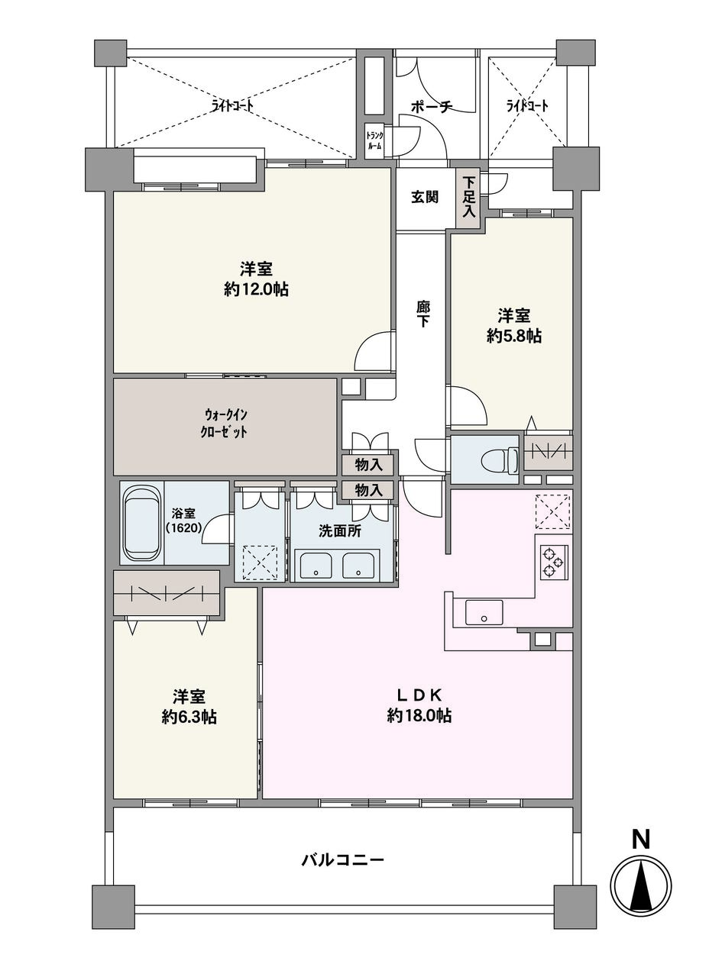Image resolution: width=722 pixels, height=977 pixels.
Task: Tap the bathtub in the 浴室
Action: [x=141, y=524]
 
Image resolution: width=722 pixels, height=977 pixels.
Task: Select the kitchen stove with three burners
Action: [x=553, y=564]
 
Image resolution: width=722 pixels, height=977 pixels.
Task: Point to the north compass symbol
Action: [x=642, y=885]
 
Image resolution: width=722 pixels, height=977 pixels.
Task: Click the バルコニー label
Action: [x=342, y=860]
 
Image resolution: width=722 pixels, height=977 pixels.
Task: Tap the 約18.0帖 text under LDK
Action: [x=419, y=716]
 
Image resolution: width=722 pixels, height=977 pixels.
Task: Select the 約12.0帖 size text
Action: [x=256, y=289]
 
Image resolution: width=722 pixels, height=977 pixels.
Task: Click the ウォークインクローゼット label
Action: [x=225, y=422]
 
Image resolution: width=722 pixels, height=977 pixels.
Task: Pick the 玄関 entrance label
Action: [x=425, y=197]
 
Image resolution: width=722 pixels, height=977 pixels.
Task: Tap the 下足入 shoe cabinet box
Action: [x=468, y=198]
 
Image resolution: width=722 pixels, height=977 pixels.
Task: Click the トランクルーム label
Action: [x=374, y=140]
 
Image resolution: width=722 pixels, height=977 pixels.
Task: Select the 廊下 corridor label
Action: [x=423, y=313]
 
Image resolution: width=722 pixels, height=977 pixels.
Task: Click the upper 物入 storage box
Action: [x=367, y=464]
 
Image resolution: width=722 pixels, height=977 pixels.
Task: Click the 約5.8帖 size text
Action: [x=514, y=335]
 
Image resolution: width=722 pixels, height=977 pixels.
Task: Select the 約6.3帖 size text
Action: [x=189, y=717]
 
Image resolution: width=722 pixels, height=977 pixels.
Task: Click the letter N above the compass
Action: [x=640, y=840]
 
